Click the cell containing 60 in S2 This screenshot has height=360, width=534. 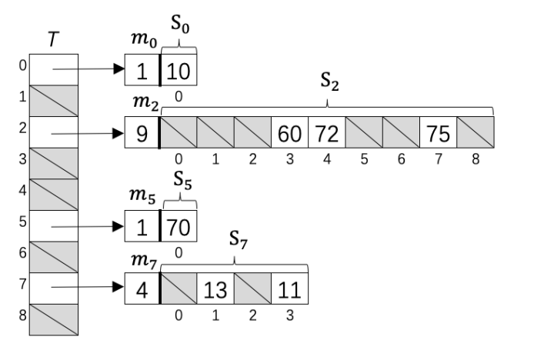[x=290, y=132]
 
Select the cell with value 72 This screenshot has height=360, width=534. [x=327, y=132]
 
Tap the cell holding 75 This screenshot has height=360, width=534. [x=439, y=132]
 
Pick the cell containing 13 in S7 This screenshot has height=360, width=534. [x=215, y=288]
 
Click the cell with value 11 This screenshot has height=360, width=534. [x=290, y=288]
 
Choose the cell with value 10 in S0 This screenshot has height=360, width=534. [x=179, y=72]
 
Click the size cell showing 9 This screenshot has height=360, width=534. [x=142, y=132]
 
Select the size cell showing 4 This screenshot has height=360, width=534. [x=142, y=288]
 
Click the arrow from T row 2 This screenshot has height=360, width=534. [x=85, y=132]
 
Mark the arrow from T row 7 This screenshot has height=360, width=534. [x=85, y=288]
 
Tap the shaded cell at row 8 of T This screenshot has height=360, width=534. [x=53, y=319]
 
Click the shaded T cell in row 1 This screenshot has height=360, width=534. [x=53, y=100]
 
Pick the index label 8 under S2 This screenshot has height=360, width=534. [x=476, y=160]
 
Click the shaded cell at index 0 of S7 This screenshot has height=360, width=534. [x=179, y=288]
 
